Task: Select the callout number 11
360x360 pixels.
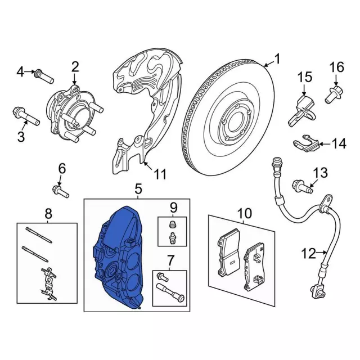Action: [160, 174]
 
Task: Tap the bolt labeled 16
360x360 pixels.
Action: [334, 94]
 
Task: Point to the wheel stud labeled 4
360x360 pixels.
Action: [44, 76]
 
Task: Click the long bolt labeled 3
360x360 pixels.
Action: [26, 116]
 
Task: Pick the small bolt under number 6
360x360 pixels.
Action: [61, 192]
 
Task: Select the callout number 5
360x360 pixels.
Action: [138, 189]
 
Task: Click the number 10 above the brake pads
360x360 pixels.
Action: [245, 213]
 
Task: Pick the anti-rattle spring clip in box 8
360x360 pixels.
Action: [48, 283]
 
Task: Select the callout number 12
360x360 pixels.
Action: [308, 254]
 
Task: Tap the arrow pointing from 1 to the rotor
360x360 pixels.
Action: [269, 64]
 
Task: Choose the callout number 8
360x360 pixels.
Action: [48, 214]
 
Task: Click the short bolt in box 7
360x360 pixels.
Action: [163, 276]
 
